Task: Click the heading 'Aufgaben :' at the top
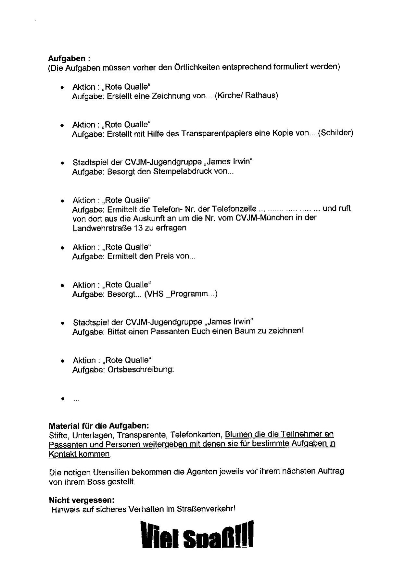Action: [69, 58]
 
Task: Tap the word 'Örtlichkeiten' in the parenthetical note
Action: [197, 67]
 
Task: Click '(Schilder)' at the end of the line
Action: [335, 133]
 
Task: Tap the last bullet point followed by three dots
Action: [63, 399]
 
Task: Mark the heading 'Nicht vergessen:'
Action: [82, 500]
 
